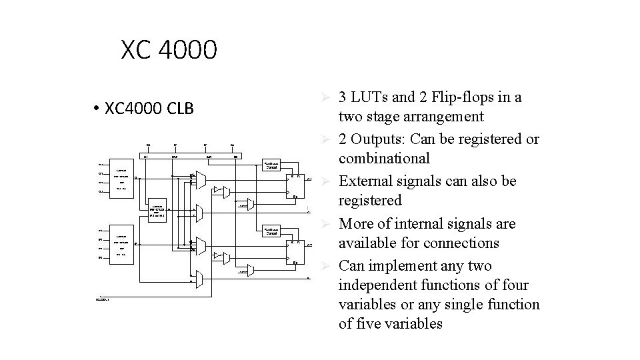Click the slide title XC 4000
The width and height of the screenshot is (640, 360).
(169, 50)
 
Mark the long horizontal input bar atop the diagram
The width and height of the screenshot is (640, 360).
(194, 156)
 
